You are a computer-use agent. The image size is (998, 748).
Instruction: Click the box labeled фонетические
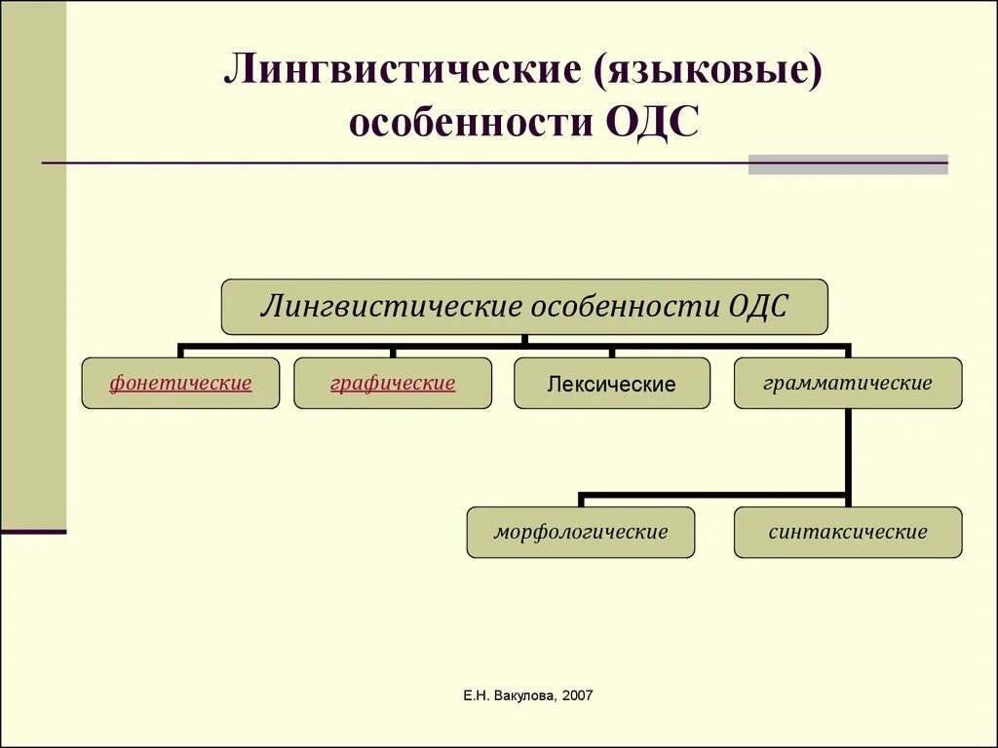point(180,383)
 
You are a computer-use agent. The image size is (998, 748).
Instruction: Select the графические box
point(393,383)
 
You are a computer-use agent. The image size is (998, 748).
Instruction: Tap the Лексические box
point(612,384)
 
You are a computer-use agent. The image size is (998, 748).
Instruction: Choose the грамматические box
point(848,383)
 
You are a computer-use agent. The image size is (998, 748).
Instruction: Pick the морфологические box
point(581,532)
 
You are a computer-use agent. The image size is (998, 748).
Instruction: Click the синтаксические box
point(848,532)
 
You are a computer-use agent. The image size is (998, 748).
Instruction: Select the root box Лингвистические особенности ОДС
point(524,307)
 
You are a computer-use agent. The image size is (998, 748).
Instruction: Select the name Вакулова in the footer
point(522,695)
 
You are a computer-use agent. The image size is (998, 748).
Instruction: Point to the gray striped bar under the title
point(848,165)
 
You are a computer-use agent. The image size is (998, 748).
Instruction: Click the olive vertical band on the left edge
point(33,263)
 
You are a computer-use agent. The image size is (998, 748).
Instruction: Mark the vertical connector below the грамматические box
point(849,453)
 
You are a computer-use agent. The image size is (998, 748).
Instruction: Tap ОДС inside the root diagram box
point(757,307)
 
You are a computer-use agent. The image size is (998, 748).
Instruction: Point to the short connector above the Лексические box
point(612,352)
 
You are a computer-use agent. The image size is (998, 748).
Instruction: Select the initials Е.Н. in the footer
point(475,695)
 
